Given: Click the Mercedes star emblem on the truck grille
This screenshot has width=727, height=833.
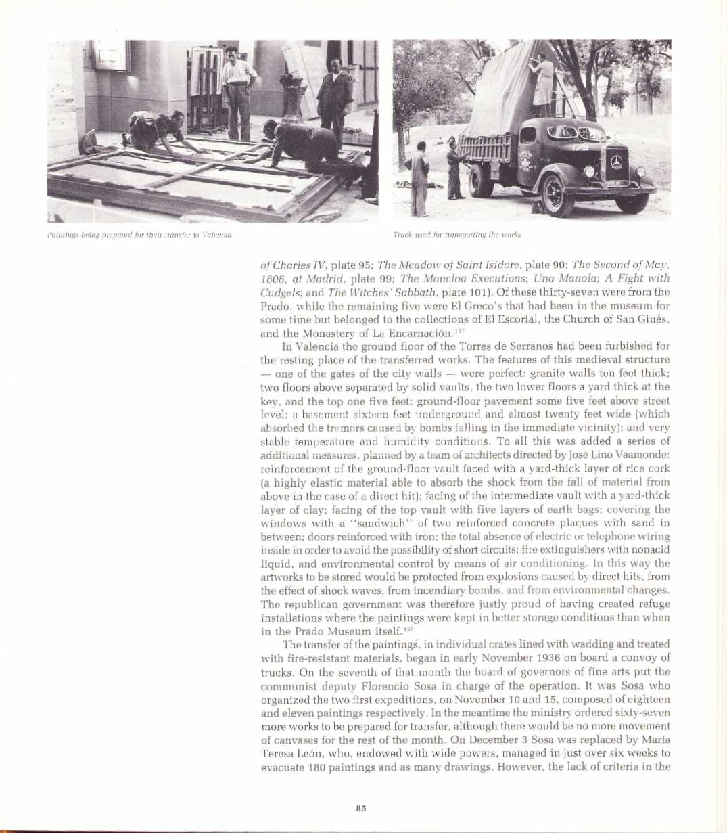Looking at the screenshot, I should click(616, 162).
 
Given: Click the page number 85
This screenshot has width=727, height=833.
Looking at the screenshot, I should click(360, 808).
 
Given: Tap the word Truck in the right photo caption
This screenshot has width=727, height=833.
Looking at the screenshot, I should click(402, 235).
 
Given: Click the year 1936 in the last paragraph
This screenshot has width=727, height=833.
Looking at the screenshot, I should click(549, 658).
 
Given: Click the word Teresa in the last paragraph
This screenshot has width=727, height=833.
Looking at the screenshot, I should click(279, 753).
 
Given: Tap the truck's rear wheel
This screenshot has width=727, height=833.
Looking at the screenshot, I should click(481, 183).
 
